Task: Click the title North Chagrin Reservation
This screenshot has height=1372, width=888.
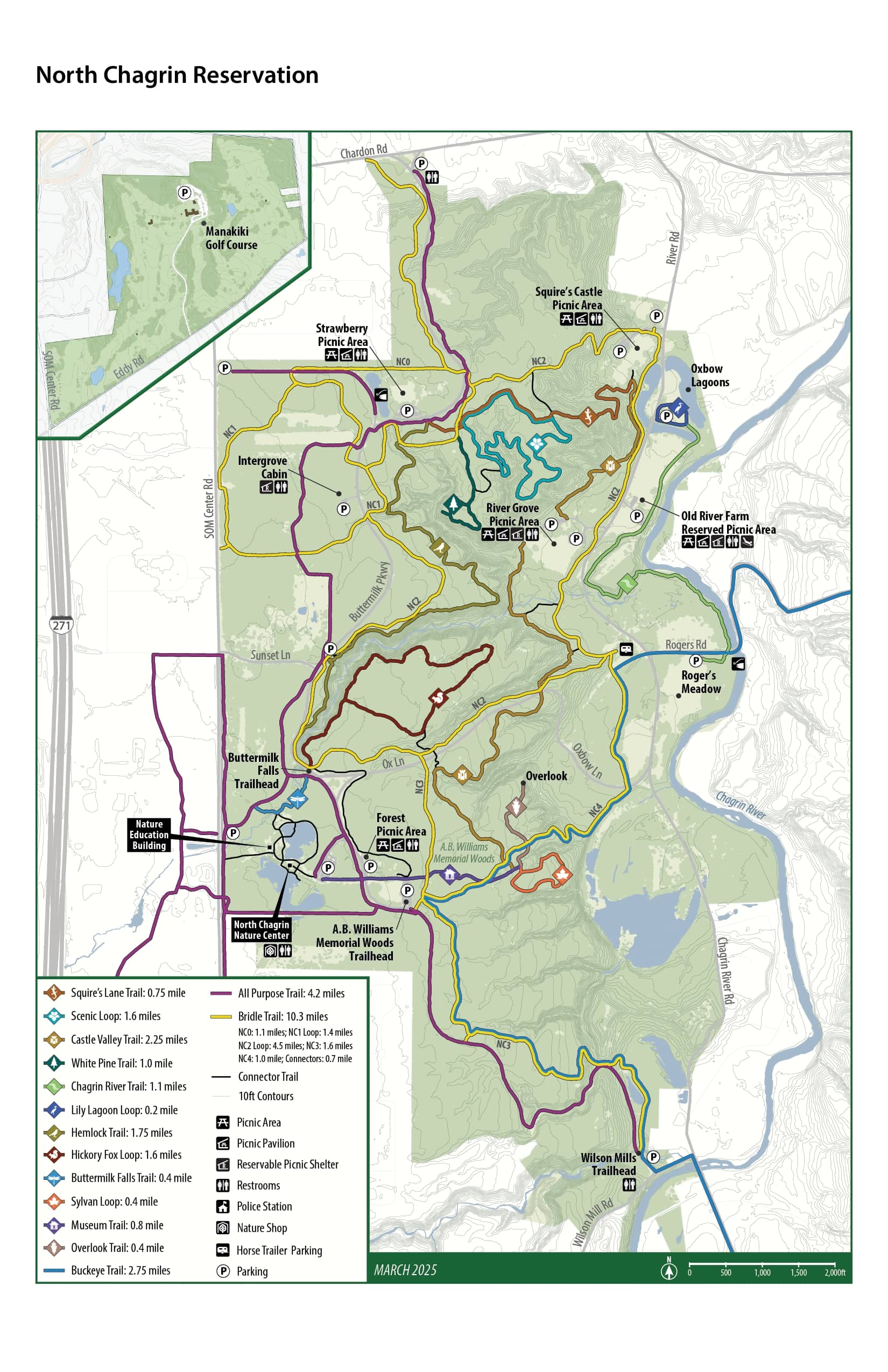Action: [177, 75]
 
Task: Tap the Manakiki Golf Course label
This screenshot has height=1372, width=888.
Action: [231, 237]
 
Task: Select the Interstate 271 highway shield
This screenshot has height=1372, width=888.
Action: [61, 625]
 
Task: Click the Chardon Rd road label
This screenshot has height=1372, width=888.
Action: [363, 151]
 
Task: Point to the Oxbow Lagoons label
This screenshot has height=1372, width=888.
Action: [710, 376]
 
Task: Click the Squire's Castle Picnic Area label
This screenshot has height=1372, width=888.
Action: [569, 298]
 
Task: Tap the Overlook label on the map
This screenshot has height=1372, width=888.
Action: [546, 776]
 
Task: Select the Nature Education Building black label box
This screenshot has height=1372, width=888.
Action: [149, 834]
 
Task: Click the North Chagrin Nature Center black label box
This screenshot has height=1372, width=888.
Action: [261, 930]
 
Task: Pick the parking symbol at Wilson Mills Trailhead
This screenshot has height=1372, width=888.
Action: [653, 1156]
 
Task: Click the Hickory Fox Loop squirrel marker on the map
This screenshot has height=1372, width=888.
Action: [438, 698]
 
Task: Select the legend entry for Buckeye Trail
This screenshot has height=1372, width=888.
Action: [120, 1270]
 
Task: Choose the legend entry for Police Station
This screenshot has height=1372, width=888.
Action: [264, 1206]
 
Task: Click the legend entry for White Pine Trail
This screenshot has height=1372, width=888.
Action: [121, 1063]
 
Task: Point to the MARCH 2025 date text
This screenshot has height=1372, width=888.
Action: [405, 1270]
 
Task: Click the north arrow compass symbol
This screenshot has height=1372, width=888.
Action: [669, 1270]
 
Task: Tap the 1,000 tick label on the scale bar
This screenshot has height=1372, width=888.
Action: [762, 1273]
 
